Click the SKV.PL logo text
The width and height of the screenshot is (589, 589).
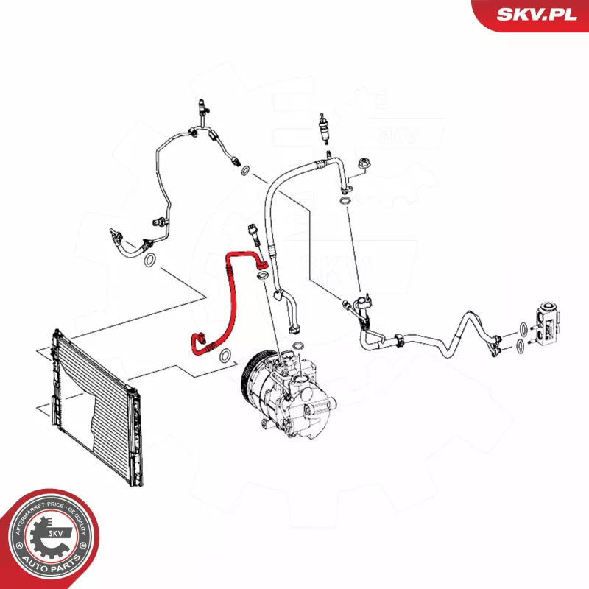click(537, 14)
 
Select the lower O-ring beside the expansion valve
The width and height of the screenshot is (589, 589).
click(520, 345)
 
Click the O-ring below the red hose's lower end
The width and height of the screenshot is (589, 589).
click(225, 356)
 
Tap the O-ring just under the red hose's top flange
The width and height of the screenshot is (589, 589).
click(263, 275)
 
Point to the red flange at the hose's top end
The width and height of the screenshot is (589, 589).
click(263, 265)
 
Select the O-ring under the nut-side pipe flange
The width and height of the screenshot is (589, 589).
click(345, 201)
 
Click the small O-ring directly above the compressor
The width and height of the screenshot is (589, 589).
click(298, 345)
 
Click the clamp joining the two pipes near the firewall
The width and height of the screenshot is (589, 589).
click(399, 339)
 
